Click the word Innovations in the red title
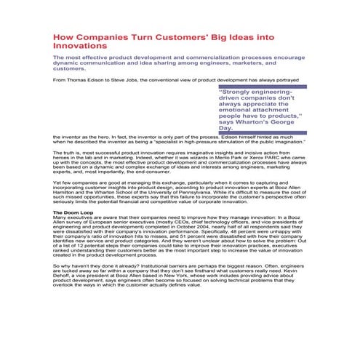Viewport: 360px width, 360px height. [81, 45]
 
